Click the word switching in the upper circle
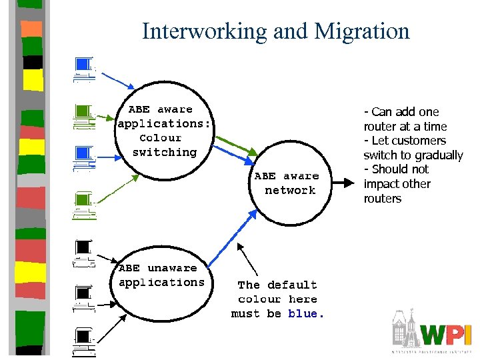pos(165,152)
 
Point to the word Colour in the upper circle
pos(161,138)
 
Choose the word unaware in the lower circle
pos(172,268)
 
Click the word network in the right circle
pos(290,191)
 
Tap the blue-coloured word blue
pos(303,314)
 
